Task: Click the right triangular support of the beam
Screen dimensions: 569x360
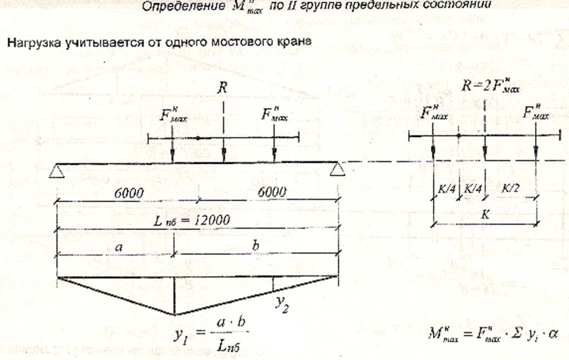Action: [x=337, y=170]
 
